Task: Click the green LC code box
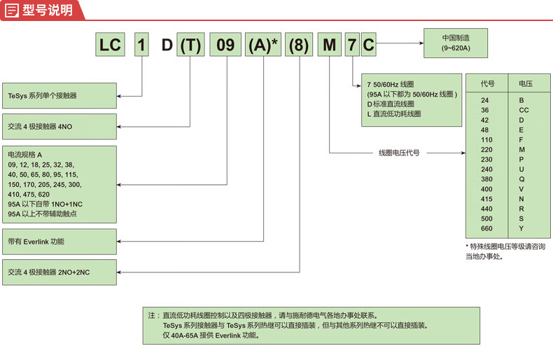pyautogui.click(x=111, y=46)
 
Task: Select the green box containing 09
pyautogui.click(x=225, y=46)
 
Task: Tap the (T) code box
pyautogui.click(x=190, y=46)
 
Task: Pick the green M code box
pyautogui.click(x=328, y=46)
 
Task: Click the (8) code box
pyautogui.click(x=299, y=46)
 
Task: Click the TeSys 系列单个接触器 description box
pyautogui.click(x=59, y=95)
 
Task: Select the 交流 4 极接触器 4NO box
pyautogui.click(x=59, y=127)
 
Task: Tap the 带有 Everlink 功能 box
pyautogui.click(x=59, y=241)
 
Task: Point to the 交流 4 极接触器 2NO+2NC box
pyautogui.click(x=59, y=272)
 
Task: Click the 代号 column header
pyautogui.click(x=488, y=83)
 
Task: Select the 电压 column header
pyautogui.click(x=525, y=83)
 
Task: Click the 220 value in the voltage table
pyautogui.click(x=486, y=150)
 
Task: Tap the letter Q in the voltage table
pyautogui.click(x=521, y=179)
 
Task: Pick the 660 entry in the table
pyautogui.click(x=486, y=228)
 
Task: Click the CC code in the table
pyautogui.click(x=524, y=110)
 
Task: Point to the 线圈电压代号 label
pyautogui.click(x=399, y=153)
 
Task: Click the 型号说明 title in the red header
pyautogui.click(x=48, y=10)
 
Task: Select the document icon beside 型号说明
pyautogui.click(x=12, y=10)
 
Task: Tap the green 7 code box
pyautogui.click(x=352, y=46)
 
